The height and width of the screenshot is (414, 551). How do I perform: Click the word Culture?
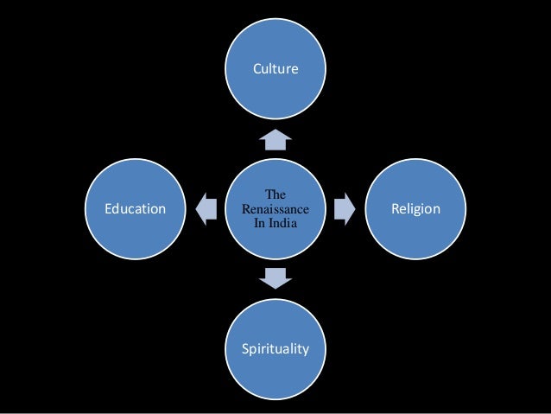click(x=275, y=67)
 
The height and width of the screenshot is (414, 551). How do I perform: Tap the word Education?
click(x=135, y=208)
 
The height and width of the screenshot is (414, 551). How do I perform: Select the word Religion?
click(x=415, y=208)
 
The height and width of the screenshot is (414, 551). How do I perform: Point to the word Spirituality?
click(x=275, y=349)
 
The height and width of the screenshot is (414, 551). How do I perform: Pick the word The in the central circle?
click(x=275, y=195)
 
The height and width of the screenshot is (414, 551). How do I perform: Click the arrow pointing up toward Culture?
click(x=275, y=138)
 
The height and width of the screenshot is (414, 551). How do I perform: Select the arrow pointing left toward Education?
click(x=206, y=208)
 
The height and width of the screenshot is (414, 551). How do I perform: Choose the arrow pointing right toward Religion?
click(x=345, y=208)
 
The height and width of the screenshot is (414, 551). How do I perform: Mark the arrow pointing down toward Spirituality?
click(x=275, y=278)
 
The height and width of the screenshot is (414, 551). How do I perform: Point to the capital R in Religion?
click(x=393, y=208)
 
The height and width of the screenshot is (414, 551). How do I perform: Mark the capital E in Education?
click(x=108, y=208)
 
